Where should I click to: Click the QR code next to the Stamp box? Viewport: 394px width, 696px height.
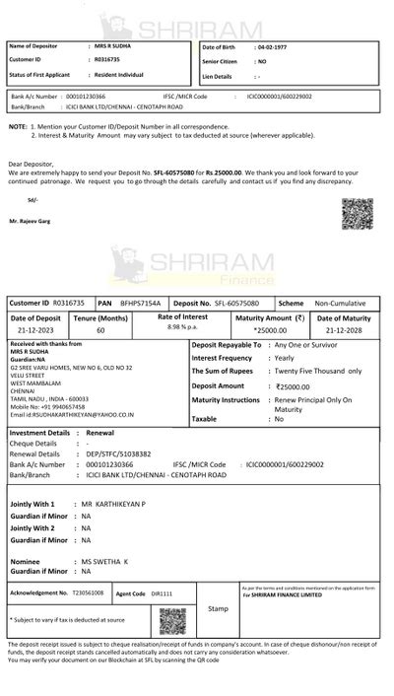[172, 620]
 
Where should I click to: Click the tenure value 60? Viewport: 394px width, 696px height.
[100, 331]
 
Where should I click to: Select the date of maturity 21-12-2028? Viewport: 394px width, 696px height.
[345, 331]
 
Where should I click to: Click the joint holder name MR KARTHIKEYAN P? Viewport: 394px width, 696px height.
[113, 504]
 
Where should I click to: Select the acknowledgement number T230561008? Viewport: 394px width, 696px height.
[88, 593]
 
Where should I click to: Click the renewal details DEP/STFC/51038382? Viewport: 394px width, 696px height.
[118, 453]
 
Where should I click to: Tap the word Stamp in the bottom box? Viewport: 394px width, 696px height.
[217, 608]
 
